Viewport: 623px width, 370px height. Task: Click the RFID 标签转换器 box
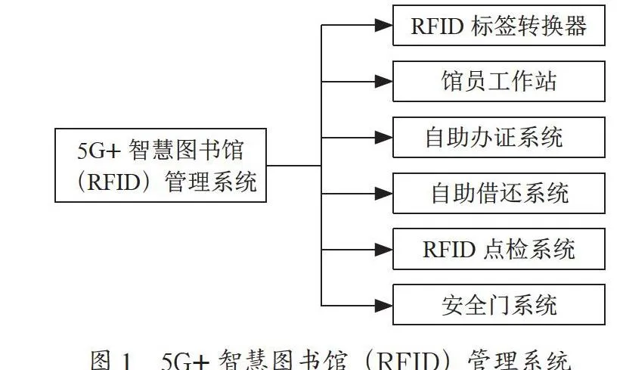[x=499, y=26]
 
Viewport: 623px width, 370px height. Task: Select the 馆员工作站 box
[x=499, y=81]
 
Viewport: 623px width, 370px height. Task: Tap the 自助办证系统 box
[x=499, y=137]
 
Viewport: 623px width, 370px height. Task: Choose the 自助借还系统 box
[x=499, y=193]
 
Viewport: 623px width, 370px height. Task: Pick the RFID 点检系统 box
[x=499, y=249]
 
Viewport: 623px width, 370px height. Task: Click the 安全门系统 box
[x=499, y=305]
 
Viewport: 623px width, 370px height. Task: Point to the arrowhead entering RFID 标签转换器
[x=384, y=26]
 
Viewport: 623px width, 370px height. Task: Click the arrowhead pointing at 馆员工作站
[x=384, y=82]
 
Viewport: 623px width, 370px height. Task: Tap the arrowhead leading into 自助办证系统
[x=384, y=138]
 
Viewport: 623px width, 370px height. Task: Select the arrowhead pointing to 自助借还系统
[x=384, y=194]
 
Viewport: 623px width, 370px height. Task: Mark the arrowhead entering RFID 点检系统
[x=384, y=250]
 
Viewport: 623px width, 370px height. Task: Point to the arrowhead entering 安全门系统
[x=384, y=305]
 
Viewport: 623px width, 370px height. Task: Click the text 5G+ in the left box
[x=98, y=151]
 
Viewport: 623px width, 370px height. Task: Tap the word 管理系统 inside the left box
[x=211, y=182]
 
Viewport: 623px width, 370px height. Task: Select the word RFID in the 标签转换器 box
[x=437, y=26]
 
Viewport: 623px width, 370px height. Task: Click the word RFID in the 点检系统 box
[x=449, y=250]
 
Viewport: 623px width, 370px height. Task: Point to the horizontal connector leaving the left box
[x=293, y=166]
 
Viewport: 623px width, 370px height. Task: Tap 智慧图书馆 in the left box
[x=186, y=151]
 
